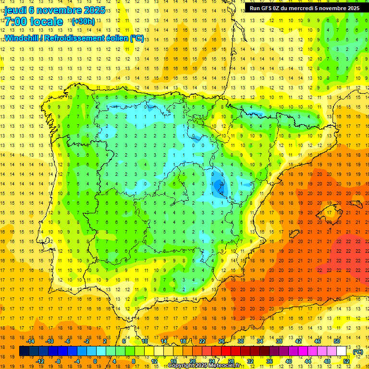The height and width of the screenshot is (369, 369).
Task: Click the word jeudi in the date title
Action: point(15,10)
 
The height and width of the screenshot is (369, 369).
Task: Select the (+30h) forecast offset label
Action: point(83,22)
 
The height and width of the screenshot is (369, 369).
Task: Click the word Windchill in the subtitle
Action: point(21,38)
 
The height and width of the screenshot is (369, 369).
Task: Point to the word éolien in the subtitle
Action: point(115,38)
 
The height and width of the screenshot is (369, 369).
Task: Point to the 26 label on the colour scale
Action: point(221,341)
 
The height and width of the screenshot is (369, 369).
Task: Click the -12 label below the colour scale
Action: point(40,361)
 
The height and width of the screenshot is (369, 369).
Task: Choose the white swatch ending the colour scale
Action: point(342,351)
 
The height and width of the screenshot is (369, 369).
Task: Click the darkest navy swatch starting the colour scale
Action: point(24,351)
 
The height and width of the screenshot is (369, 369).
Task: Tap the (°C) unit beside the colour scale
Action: point(357,351)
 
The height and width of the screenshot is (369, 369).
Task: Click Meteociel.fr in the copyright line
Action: point(223,366)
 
